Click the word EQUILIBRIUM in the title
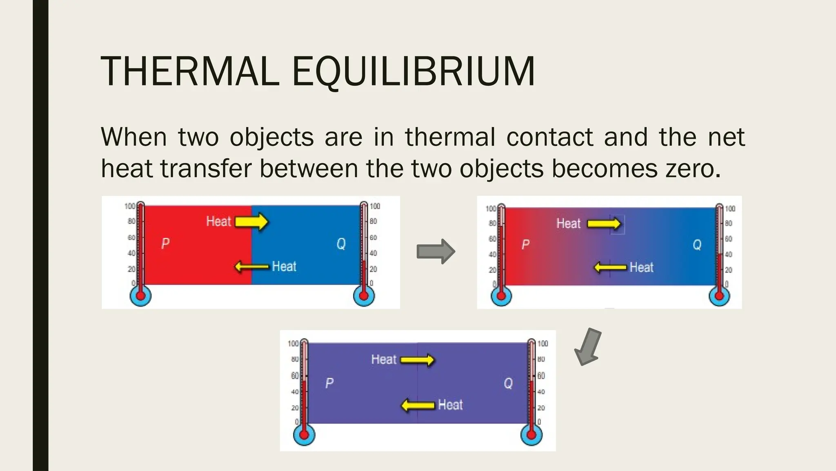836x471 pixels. click(413, 72)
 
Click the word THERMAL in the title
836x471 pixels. click(190, 72)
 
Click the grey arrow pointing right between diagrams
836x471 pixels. click(436, 251)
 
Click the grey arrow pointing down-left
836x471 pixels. click(588, 346)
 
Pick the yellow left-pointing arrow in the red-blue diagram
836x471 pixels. click(252, 267)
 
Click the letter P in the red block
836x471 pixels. click(165, 243)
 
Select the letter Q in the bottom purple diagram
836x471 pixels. click(508, 383)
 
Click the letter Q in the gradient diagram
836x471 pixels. click(697, 244)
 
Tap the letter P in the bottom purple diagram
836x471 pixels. click(329, 383)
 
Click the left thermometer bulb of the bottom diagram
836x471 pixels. click(304, 434)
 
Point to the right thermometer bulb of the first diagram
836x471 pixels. click(364, 295)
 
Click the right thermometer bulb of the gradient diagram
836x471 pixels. click(719, 296)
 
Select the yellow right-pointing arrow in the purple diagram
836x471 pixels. click(417, 360)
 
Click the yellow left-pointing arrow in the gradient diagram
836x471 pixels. click(610, 267)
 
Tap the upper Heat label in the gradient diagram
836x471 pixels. click(568, 223)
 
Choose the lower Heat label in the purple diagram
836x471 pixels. click(450, 405)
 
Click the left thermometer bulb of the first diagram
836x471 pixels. click(140, 295)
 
